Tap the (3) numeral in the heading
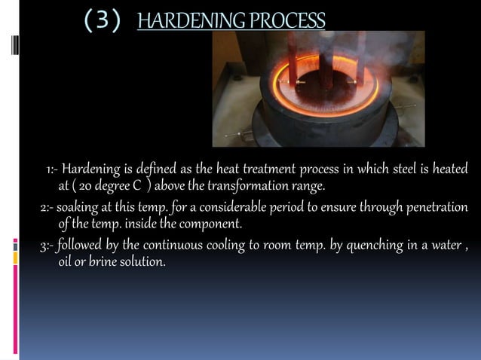pos(101,20)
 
